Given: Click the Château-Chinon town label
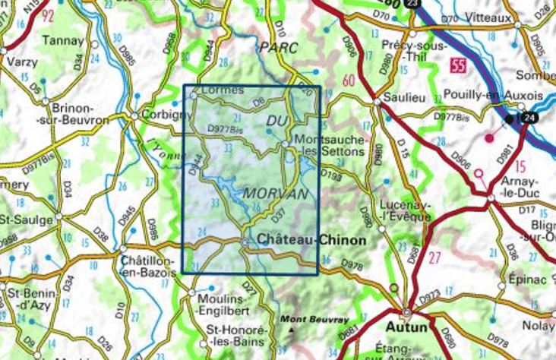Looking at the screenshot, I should (x=312, y=239).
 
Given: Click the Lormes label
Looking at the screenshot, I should (x=223, y=90).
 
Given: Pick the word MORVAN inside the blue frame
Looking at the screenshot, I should (x=276, y=194).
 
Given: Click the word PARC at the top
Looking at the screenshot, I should (x=276, y=47).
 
